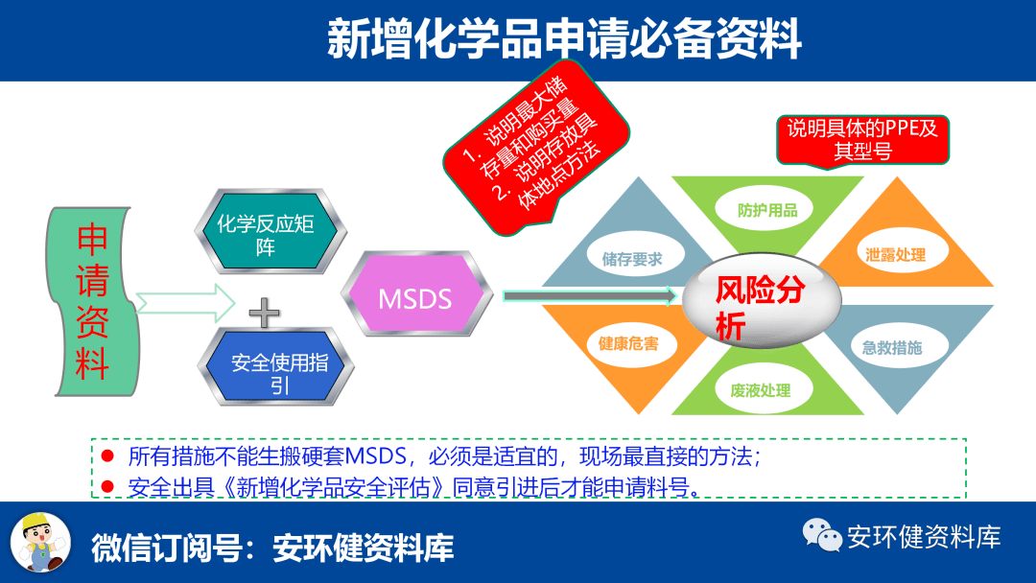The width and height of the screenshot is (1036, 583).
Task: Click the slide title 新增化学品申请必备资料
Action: coord(564,38)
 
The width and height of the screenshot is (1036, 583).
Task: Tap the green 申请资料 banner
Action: coord(92,302)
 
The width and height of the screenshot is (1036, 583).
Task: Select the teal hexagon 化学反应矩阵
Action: coord(271,231)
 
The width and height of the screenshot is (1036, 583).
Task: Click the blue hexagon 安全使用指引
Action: coord(275,366)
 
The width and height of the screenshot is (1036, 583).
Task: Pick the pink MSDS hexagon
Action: coord(417,293)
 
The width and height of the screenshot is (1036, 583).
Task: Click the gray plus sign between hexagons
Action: coord(264,313)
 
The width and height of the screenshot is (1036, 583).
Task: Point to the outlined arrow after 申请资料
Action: coord(185,303)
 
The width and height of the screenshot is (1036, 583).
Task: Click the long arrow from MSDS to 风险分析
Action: coord(590,295)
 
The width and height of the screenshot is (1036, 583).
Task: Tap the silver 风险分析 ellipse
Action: coord(762,300)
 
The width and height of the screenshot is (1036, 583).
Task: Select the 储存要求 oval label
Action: coord(632,259)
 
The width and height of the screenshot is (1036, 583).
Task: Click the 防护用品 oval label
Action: coord(767,210)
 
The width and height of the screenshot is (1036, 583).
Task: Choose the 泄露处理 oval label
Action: coord(896,254)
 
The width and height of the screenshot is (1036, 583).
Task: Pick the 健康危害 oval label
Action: coord(628,343)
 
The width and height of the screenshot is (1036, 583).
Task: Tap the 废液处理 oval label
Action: coord(761,390)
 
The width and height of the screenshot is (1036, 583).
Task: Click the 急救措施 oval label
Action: coord(892,347)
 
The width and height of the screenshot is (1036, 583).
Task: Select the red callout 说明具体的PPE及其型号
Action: coord(863,140)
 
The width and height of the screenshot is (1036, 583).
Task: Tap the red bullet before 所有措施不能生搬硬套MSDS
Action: coord(107,455)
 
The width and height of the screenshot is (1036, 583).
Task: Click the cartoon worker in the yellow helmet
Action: coord(41,543)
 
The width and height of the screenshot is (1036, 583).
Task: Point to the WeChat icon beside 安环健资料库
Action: coord(822,534)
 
